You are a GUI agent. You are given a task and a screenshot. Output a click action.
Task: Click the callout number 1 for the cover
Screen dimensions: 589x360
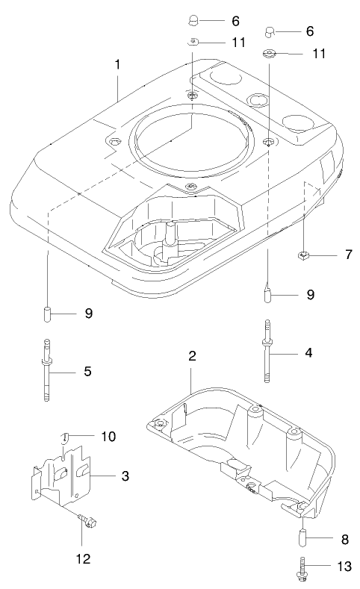click(x=117, y=65)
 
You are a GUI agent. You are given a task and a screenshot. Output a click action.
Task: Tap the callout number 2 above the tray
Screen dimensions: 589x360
click(x=192, y=355)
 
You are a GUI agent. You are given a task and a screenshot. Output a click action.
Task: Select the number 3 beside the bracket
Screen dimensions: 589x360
click(x=125, y=476)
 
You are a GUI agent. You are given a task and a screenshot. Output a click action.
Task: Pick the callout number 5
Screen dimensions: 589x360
click(x=87, y=370)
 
